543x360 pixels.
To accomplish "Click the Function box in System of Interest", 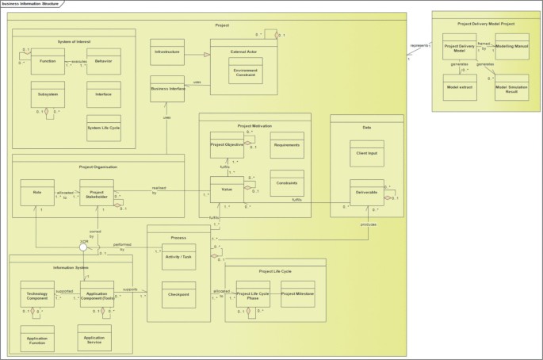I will tap(48, 60).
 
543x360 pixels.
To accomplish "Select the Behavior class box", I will tap(103, 60).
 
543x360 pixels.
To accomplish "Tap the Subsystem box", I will tap(48, 94).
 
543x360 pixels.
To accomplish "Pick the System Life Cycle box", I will tap(103, 128).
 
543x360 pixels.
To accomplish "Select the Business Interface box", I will tap(167, 89).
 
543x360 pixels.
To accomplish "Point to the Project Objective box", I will tap(227, 145).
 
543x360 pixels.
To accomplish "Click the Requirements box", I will tap(287, 145).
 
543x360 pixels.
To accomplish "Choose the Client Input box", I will tap(367, 152).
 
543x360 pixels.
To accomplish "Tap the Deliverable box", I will tap(367, 193).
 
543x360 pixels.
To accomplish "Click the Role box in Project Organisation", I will tap(38, 192).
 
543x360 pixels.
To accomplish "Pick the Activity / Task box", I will tap(178, 256).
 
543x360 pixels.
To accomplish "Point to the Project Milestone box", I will tap(298, 294).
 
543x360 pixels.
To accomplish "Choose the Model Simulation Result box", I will tap(511, 87).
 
